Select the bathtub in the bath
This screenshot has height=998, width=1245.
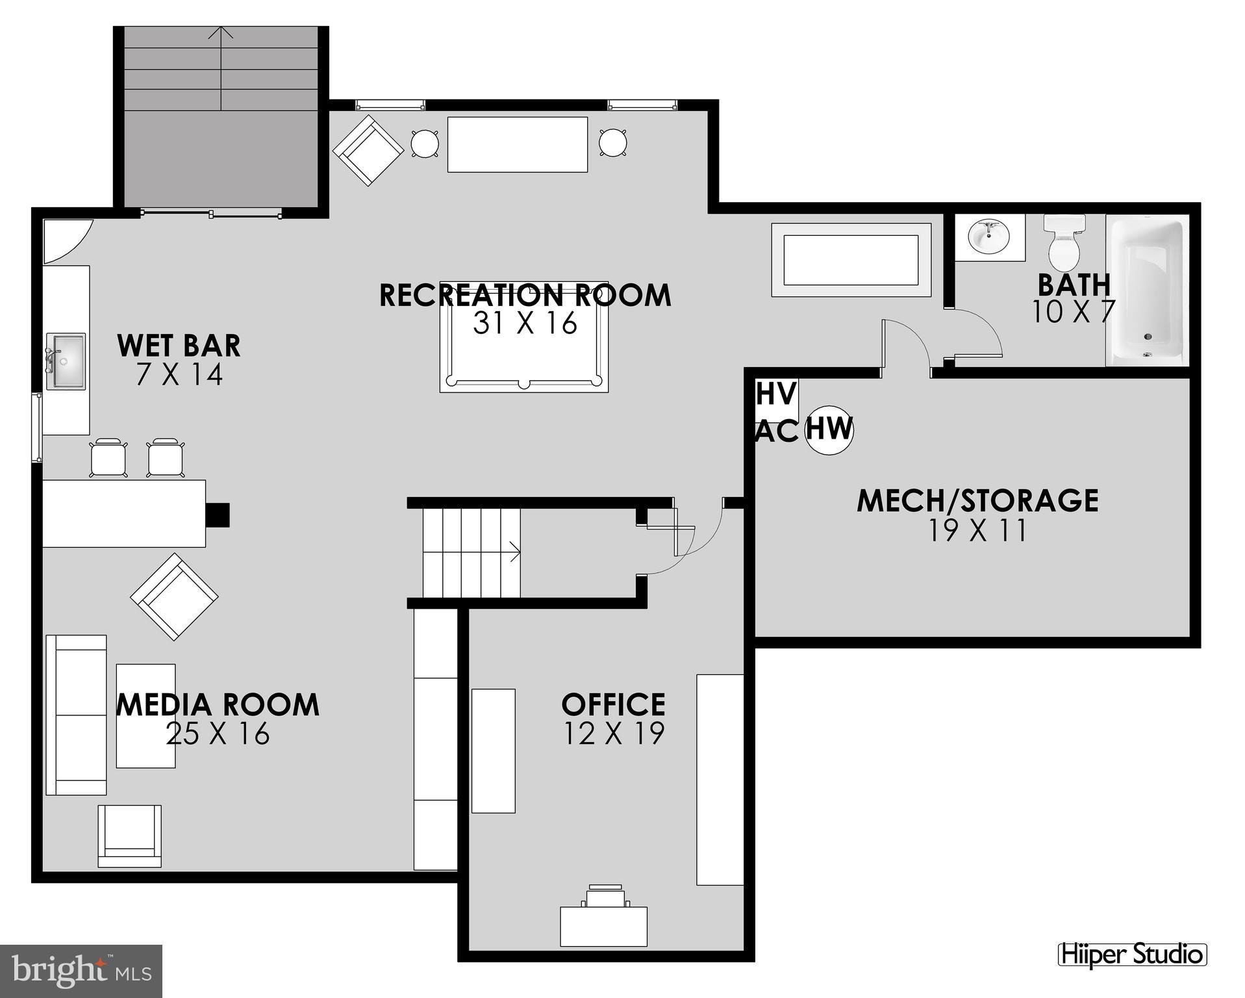point(1148,290)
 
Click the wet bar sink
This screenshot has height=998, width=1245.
point(65,362)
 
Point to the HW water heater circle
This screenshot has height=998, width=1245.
point(829,430)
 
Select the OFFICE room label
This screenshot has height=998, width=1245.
point(613,704)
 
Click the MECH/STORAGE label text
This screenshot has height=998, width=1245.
point(977,500)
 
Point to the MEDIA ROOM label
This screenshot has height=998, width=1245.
point(218,705)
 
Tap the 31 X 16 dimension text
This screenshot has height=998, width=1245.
point(525,323)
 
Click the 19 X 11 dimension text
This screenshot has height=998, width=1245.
point(977,531)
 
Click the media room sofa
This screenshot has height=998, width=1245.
point(76,715)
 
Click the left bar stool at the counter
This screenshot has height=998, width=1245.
point(108,458)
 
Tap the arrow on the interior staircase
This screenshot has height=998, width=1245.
point(515,552)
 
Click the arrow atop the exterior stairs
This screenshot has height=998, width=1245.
point(222,32)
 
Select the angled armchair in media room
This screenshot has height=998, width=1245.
point(174,596)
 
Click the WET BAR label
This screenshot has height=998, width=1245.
point(179,346)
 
